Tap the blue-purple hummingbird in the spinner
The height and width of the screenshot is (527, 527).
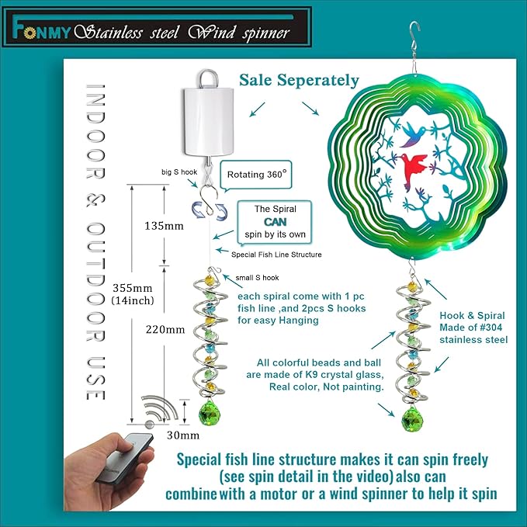[x=414, y=134]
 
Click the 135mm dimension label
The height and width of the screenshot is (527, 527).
[x=164, y=226]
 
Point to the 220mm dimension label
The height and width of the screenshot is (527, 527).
[x=165, y=330]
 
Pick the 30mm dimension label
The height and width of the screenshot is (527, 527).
[x=183, y=435]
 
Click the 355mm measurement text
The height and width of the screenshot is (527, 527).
[x=132, y=288]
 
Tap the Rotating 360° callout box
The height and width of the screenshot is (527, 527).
[x=256, y=175]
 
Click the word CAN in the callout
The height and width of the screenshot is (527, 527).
[x=276, y=222]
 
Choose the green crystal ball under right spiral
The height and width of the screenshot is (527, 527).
[x=412, y=419]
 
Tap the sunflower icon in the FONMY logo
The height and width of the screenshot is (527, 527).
[x=30, y=33]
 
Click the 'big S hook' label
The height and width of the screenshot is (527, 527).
[x=179, y=172]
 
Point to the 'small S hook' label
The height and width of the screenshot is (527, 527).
[x=257, y=278]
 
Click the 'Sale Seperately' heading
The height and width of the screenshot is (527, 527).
[x=299, y=80]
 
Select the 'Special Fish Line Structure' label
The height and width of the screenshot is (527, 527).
[x=276, y=255]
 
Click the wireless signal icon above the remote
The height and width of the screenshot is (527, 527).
[x=160, y=411]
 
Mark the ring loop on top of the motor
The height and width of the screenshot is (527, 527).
[x=208, y=78]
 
